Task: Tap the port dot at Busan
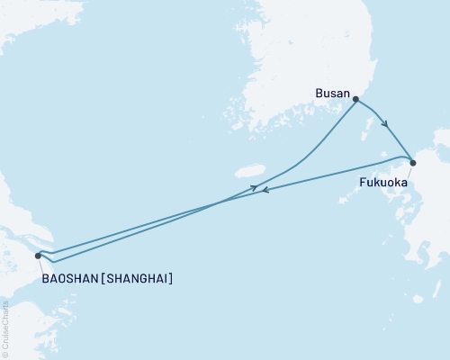click(x=355, y=100)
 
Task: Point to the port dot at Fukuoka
click(x=413, y=163)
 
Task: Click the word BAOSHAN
click(x=69, y=279)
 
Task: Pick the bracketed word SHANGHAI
click(x=136, y=279)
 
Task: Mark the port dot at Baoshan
click(x=38, y=256)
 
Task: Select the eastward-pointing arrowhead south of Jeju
click(x=256, y=186)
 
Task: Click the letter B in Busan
click(x=318, y=91)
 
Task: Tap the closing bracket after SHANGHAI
click(x=170, y=279)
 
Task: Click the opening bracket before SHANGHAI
click(x=102, y=279)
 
